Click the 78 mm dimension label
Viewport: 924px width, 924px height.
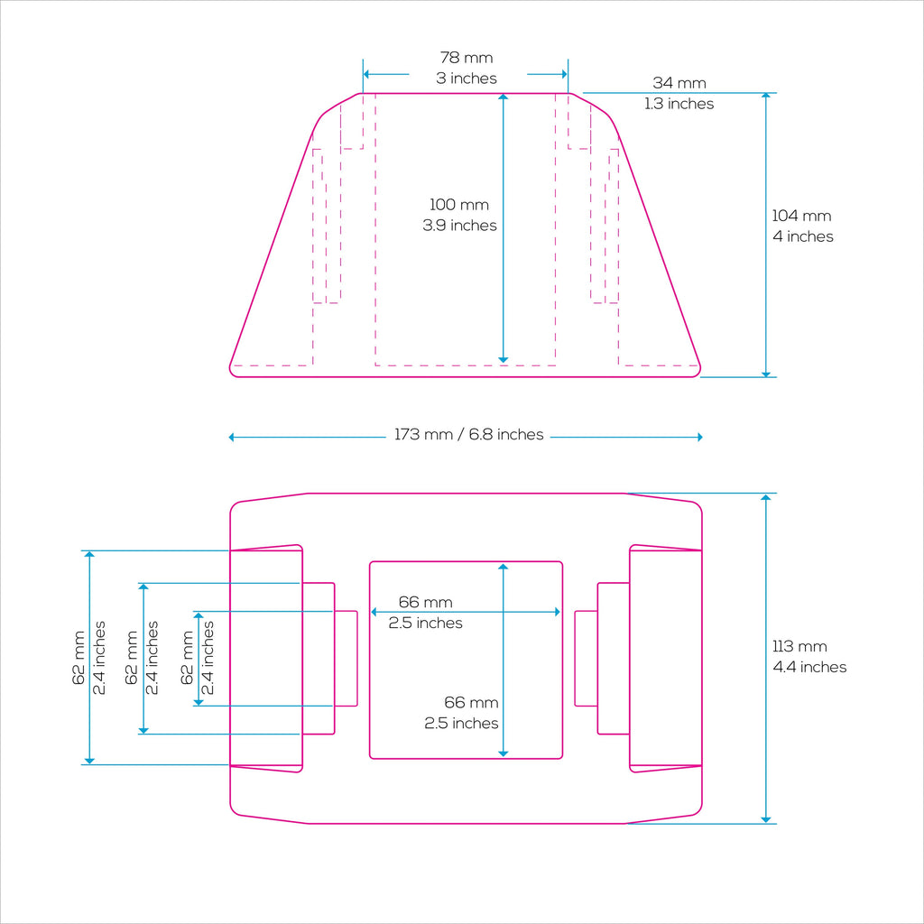tap(467, 58)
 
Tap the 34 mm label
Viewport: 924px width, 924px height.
tap(679, 83)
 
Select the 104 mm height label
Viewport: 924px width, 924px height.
tap(801, 216)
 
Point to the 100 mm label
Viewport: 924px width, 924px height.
tap(459, 205)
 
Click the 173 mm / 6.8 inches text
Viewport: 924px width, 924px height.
tap(468, 434)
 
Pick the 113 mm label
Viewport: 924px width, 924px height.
tap(799, 646)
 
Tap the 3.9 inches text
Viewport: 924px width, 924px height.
tap(459, 225)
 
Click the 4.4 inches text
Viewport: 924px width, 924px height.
tap(809, 667)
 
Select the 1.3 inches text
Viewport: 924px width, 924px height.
tap(679, 104)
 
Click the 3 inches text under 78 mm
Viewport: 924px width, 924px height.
tap(467, 79)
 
